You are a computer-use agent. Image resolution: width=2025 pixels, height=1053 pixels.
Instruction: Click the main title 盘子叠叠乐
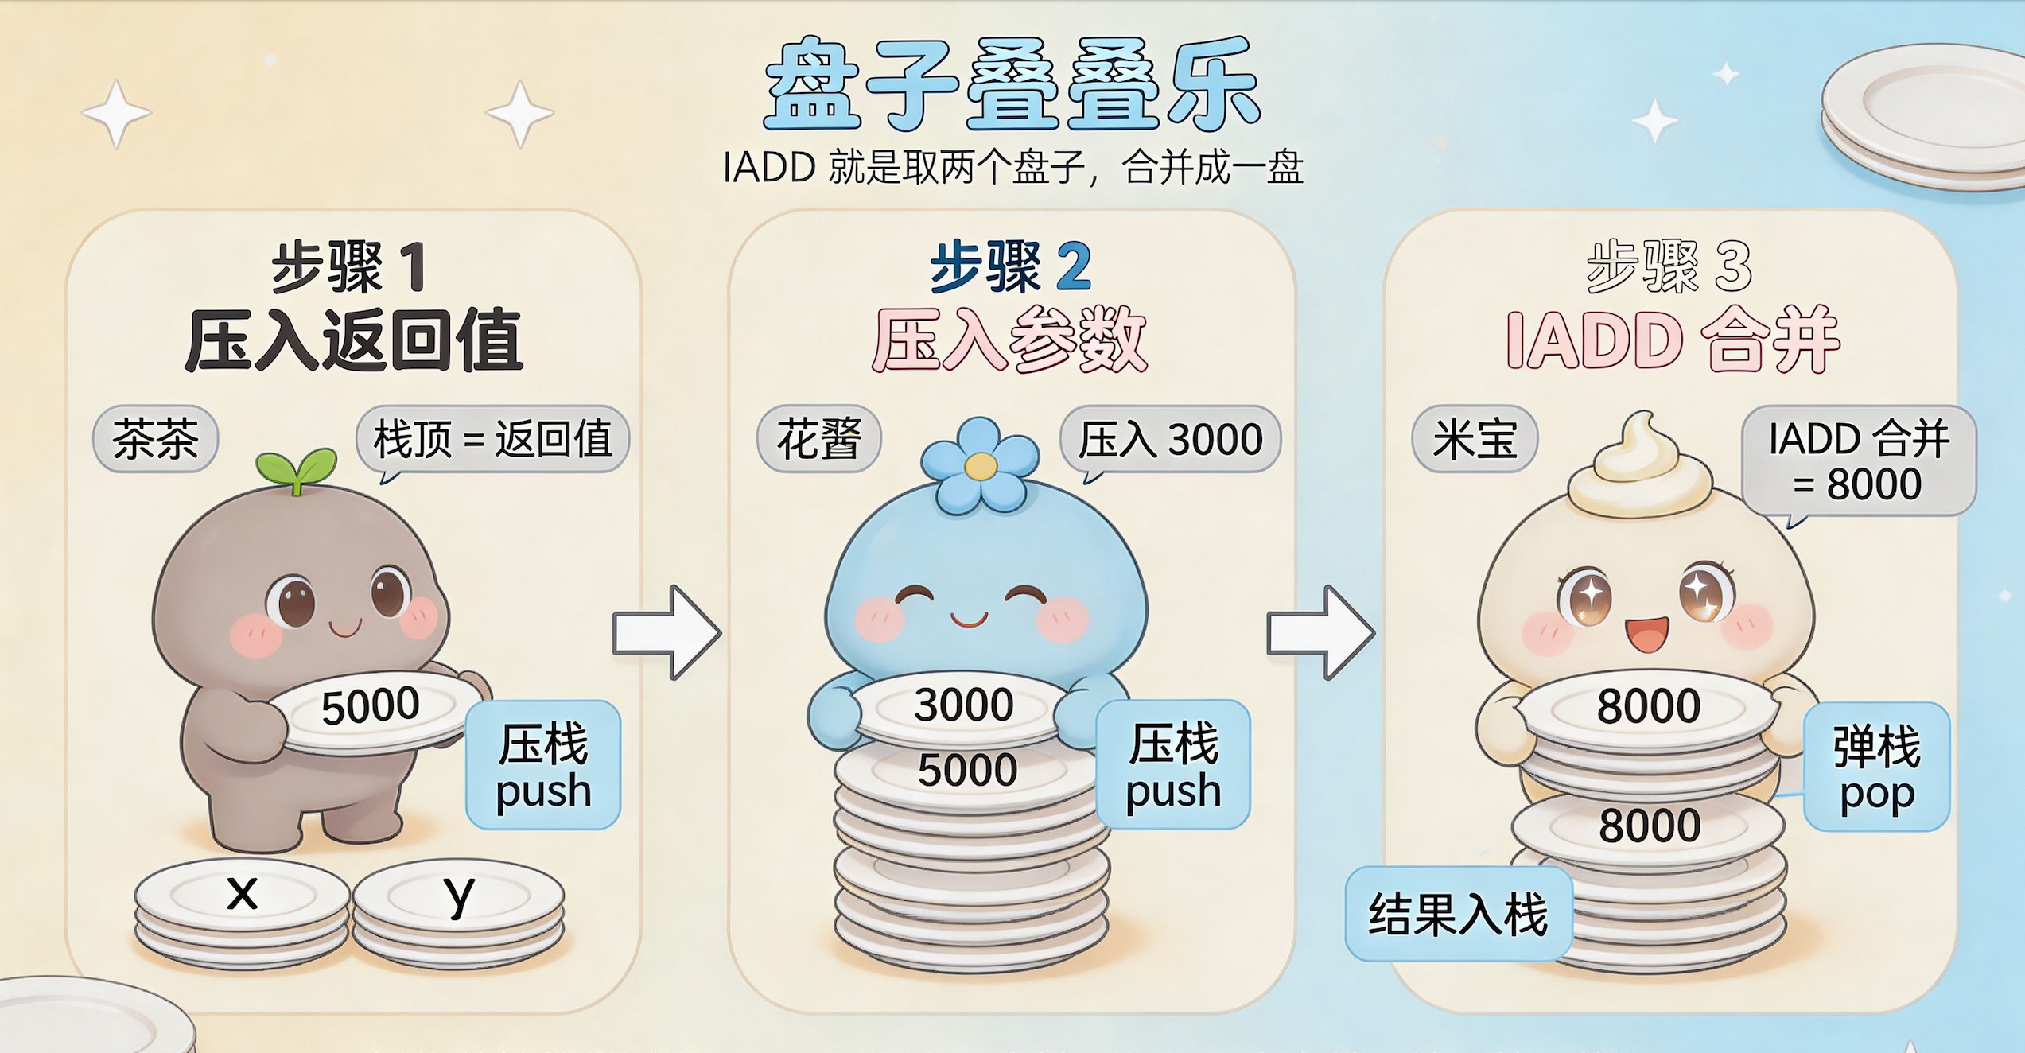tap(1012, 84)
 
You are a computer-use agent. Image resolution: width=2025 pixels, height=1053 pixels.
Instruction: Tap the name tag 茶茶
tap(156, 439)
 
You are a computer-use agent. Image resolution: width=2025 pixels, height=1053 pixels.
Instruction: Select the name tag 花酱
tap(819, 439)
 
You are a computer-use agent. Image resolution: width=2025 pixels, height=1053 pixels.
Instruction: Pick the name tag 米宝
tap(1475, 439)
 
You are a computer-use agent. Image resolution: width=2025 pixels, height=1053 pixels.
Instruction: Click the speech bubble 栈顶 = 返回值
tap(492, 440)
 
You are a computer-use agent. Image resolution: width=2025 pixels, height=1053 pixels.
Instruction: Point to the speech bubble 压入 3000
tap(1170, 440)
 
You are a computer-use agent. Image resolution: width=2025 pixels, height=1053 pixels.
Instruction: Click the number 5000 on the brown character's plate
tap(370, 705)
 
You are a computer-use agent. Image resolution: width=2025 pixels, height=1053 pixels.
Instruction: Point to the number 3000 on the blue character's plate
tap(964, 705)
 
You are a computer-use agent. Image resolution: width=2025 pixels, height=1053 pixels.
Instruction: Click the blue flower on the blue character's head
tap(980, 465)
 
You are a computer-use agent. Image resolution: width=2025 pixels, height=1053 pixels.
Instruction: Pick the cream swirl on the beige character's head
tap(1641, 465)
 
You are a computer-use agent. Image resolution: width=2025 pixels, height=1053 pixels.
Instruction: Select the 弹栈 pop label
tap(1877, 767)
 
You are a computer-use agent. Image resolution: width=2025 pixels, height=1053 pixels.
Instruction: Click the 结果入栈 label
tap(1458, 914)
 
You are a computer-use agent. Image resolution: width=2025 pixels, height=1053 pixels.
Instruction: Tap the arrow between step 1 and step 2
tap(667, 633)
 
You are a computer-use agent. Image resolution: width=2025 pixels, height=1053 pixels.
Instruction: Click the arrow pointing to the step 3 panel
tap(1320, 633)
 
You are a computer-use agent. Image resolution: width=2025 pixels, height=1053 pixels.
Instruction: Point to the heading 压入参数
tap(1010, 340)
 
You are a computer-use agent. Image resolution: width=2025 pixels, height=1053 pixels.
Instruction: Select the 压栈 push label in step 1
tap(543, 765)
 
